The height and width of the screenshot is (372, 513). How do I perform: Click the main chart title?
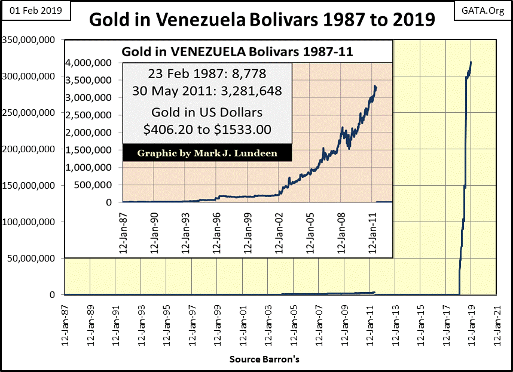pos(262,20)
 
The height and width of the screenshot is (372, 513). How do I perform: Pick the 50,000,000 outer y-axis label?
pos(34,258)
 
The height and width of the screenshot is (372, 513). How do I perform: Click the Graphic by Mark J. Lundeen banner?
pos(207,153)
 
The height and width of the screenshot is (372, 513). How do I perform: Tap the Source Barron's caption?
pos(264,359)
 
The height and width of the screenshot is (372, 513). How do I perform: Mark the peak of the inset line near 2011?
pos(375,86)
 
